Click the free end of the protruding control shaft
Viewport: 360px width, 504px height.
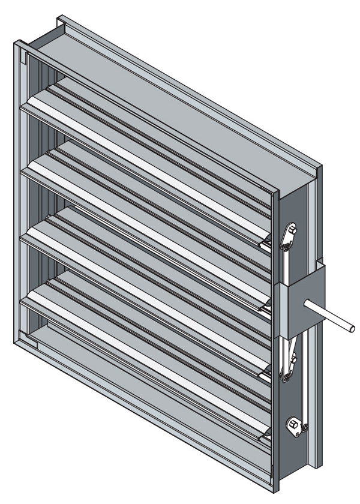coord(352,328)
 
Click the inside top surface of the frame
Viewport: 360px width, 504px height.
coord(150,90)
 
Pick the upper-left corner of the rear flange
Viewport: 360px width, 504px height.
coord(59,20)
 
